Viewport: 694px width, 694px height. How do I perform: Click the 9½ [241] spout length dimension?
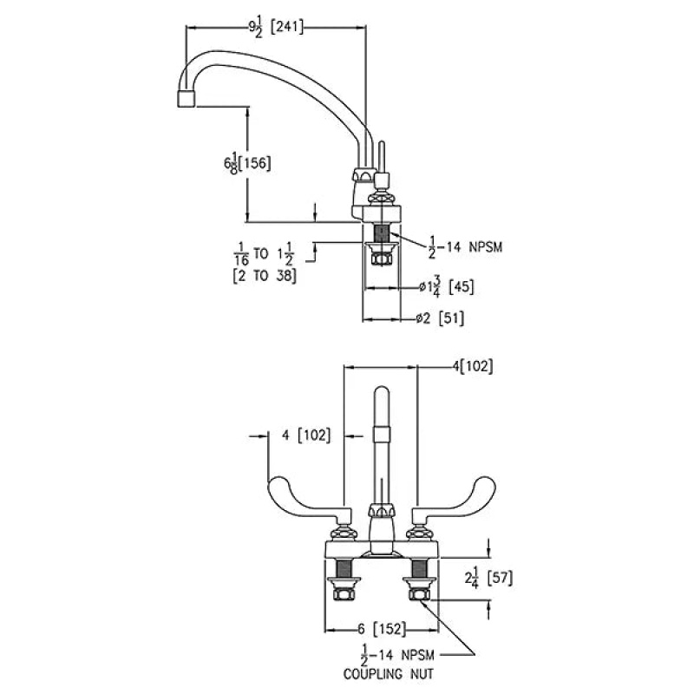pyautogui.click(x=276, y=29)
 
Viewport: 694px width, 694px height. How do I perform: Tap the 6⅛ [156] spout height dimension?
pyautogui.click(x=247, y=163)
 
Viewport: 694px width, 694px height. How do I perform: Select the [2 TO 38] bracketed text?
pyautogui.click(x=265, y=276)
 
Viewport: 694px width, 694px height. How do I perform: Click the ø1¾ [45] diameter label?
pyautogui.click(x=447, y=287)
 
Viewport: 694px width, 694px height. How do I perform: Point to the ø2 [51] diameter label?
pyautogui.click(x=440, y=318)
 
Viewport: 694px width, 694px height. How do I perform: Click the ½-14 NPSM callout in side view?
pyautogui.click(x=465, y=247)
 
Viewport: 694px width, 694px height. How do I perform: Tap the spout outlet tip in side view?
pyautogui.click(x=187, y=99)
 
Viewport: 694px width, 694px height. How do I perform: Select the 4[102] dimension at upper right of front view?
pyautogui.click(x=472, y=366)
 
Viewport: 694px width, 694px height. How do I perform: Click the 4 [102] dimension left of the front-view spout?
pyautogui.click(x=306, y=435)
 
